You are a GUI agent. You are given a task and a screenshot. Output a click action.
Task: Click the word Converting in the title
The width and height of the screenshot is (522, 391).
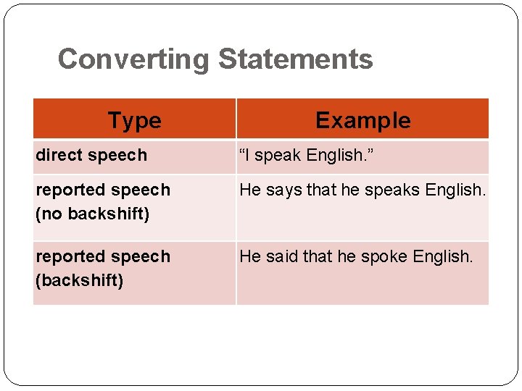tap(134, 59)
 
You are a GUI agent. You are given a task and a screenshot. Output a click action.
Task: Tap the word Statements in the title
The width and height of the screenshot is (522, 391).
tap(295, 59)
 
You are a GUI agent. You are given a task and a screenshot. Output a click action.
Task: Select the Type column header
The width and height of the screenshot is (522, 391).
tap(134, 120)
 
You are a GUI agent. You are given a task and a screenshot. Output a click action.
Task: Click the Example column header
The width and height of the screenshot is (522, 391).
tap(362, 120)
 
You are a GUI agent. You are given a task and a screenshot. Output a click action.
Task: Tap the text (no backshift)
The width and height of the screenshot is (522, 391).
tap(92, 214)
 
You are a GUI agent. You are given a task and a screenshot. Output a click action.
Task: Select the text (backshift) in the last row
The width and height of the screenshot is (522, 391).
tap(79, 281)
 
